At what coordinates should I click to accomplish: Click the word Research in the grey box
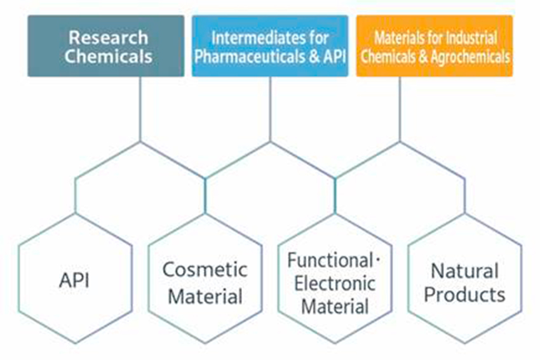[x=108, y=37]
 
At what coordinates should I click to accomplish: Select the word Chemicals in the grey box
[x=108, y=56]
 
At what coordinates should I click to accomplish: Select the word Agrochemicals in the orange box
[x=470, y=57]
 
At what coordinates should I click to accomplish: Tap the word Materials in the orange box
[x=396, y=37]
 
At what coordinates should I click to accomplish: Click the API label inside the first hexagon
[x=74, y=280]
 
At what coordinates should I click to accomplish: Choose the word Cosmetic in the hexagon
[x=205, y=269]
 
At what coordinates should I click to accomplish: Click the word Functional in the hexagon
[x=330, y=260]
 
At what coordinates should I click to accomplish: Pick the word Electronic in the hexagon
[x=335, y=283]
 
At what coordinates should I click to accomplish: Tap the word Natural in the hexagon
[x=464, y=271]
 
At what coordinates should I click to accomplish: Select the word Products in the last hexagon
[x=464, y=295]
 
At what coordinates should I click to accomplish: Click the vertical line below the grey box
[x=140, y=109]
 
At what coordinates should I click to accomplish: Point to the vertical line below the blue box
[x=270, y=109]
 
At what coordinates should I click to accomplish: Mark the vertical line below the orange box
[x=400, y=109]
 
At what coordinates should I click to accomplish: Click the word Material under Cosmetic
[x=205, y=297]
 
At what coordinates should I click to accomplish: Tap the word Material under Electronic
[x=335, y=306]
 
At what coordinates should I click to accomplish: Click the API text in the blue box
[x=334, y=57]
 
